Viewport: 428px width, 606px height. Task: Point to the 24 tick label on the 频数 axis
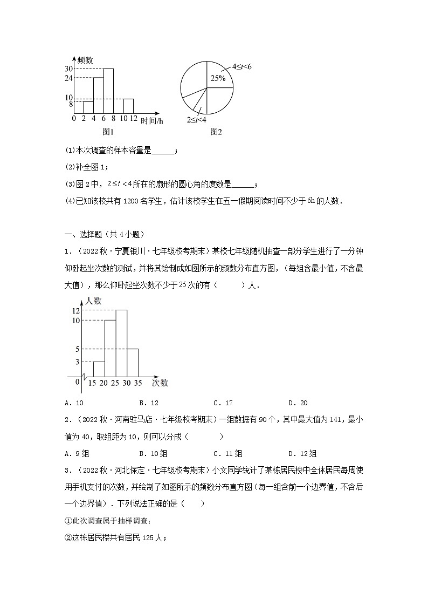tap(68, 78)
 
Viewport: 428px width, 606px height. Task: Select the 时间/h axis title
tap(151, 121)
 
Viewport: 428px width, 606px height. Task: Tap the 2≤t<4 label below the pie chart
tap(197, 119)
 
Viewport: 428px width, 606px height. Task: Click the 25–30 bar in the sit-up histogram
tap(121, 343)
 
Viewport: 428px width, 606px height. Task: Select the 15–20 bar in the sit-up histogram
tap(99, 369)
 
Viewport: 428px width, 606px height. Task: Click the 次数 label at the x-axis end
tap(160, 383)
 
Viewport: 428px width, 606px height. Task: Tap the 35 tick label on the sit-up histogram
tap(139, 383)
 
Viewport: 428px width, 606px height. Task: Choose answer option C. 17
tap(223, 403)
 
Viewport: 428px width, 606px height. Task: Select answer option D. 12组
tap(302, 454)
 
